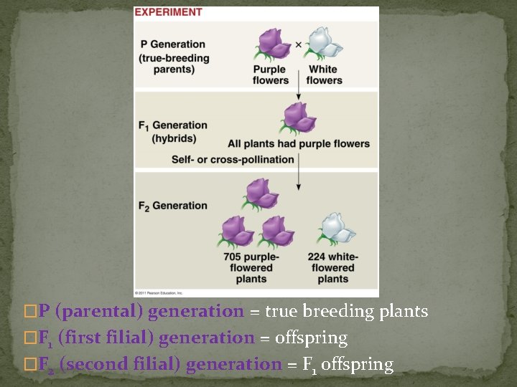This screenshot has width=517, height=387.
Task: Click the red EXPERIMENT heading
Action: pyautogui.click(x=169, y=12)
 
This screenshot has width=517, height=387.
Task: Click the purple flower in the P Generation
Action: pyautogui.click(x=271, y=44)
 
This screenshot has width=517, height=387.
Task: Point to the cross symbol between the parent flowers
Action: pyautogui.click(x=298, y=44)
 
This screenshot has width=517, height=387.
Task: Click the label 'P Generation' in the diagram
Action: pyautogui.click(x=172, y=44)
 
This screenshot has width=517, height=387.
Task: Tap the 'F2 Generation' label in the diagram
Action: pyautogui.click(x=172, y=206)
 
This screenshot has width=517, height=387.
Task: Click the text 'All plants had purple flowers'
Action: pyautogui.click(x=299, y=143)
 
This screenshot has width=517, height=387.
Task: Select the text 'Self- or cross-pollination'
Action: pyautogui.click(x=233, y=159)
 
